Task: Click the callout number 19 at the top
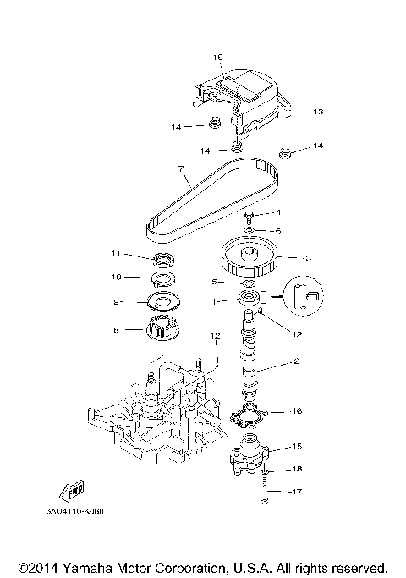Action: click(x=218, y=58)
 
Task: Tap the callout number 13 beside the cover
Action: click(x=318, y=112)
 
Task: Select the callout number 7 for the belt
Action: click(x=180, y=169)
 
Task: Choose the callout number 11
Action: click(x=117, y=253)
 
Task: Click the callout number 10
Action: click(x=117, y=276)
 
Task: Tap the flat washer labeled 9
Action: click(x=161, y=301)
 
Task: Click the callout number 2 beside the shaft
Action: click(x=296, y=361)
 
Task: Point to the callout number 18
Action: click(x=296, y=468)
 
